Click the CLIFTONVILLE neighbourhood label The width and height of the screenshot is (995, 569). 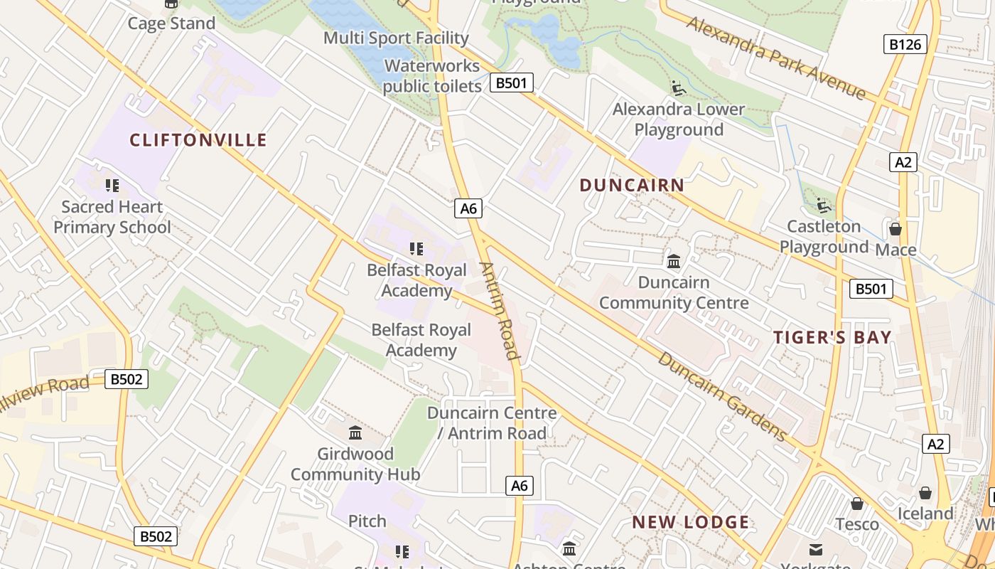click(198, 140)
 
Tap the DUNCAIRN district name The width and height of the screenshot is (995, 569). click(632, 186)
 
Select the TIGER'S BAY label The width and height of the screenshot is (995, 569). click(832, 337)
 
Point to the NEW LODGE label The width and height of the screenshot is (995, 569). click(691, 523)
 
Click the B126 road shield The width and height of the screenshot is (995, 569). click(905, 44)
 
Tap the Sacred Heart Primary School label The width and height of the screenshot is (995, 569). click(112, 217)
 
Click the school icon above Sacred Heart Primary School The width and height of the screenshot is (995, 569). click(112, 186)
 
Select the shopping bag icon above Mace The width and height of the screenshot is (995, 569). click(895, 229)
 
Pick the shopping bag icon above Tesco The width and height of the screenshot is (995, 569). click(857, 504)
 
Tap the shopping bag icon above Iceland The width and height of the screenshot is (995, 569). click(925, 493)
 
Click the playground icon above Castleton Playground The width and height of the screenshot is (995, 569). click(824, 206)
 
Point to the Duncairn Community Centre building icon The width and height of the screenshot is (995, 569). click(674, 261)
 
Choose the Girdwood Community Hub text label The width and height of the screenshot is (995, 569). click(355, 464)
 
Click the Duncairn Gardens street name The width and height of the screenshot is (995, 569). click(722, 396)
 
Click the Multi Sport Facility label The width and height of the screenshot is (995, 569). click(396, 38)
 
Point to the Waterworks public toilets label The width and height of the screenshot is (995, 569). click(432, 76)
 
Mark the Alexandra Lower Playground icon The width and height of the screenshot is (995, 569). click(679, 88)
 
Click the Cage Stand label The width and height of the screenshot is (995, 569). click(171, 23)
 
